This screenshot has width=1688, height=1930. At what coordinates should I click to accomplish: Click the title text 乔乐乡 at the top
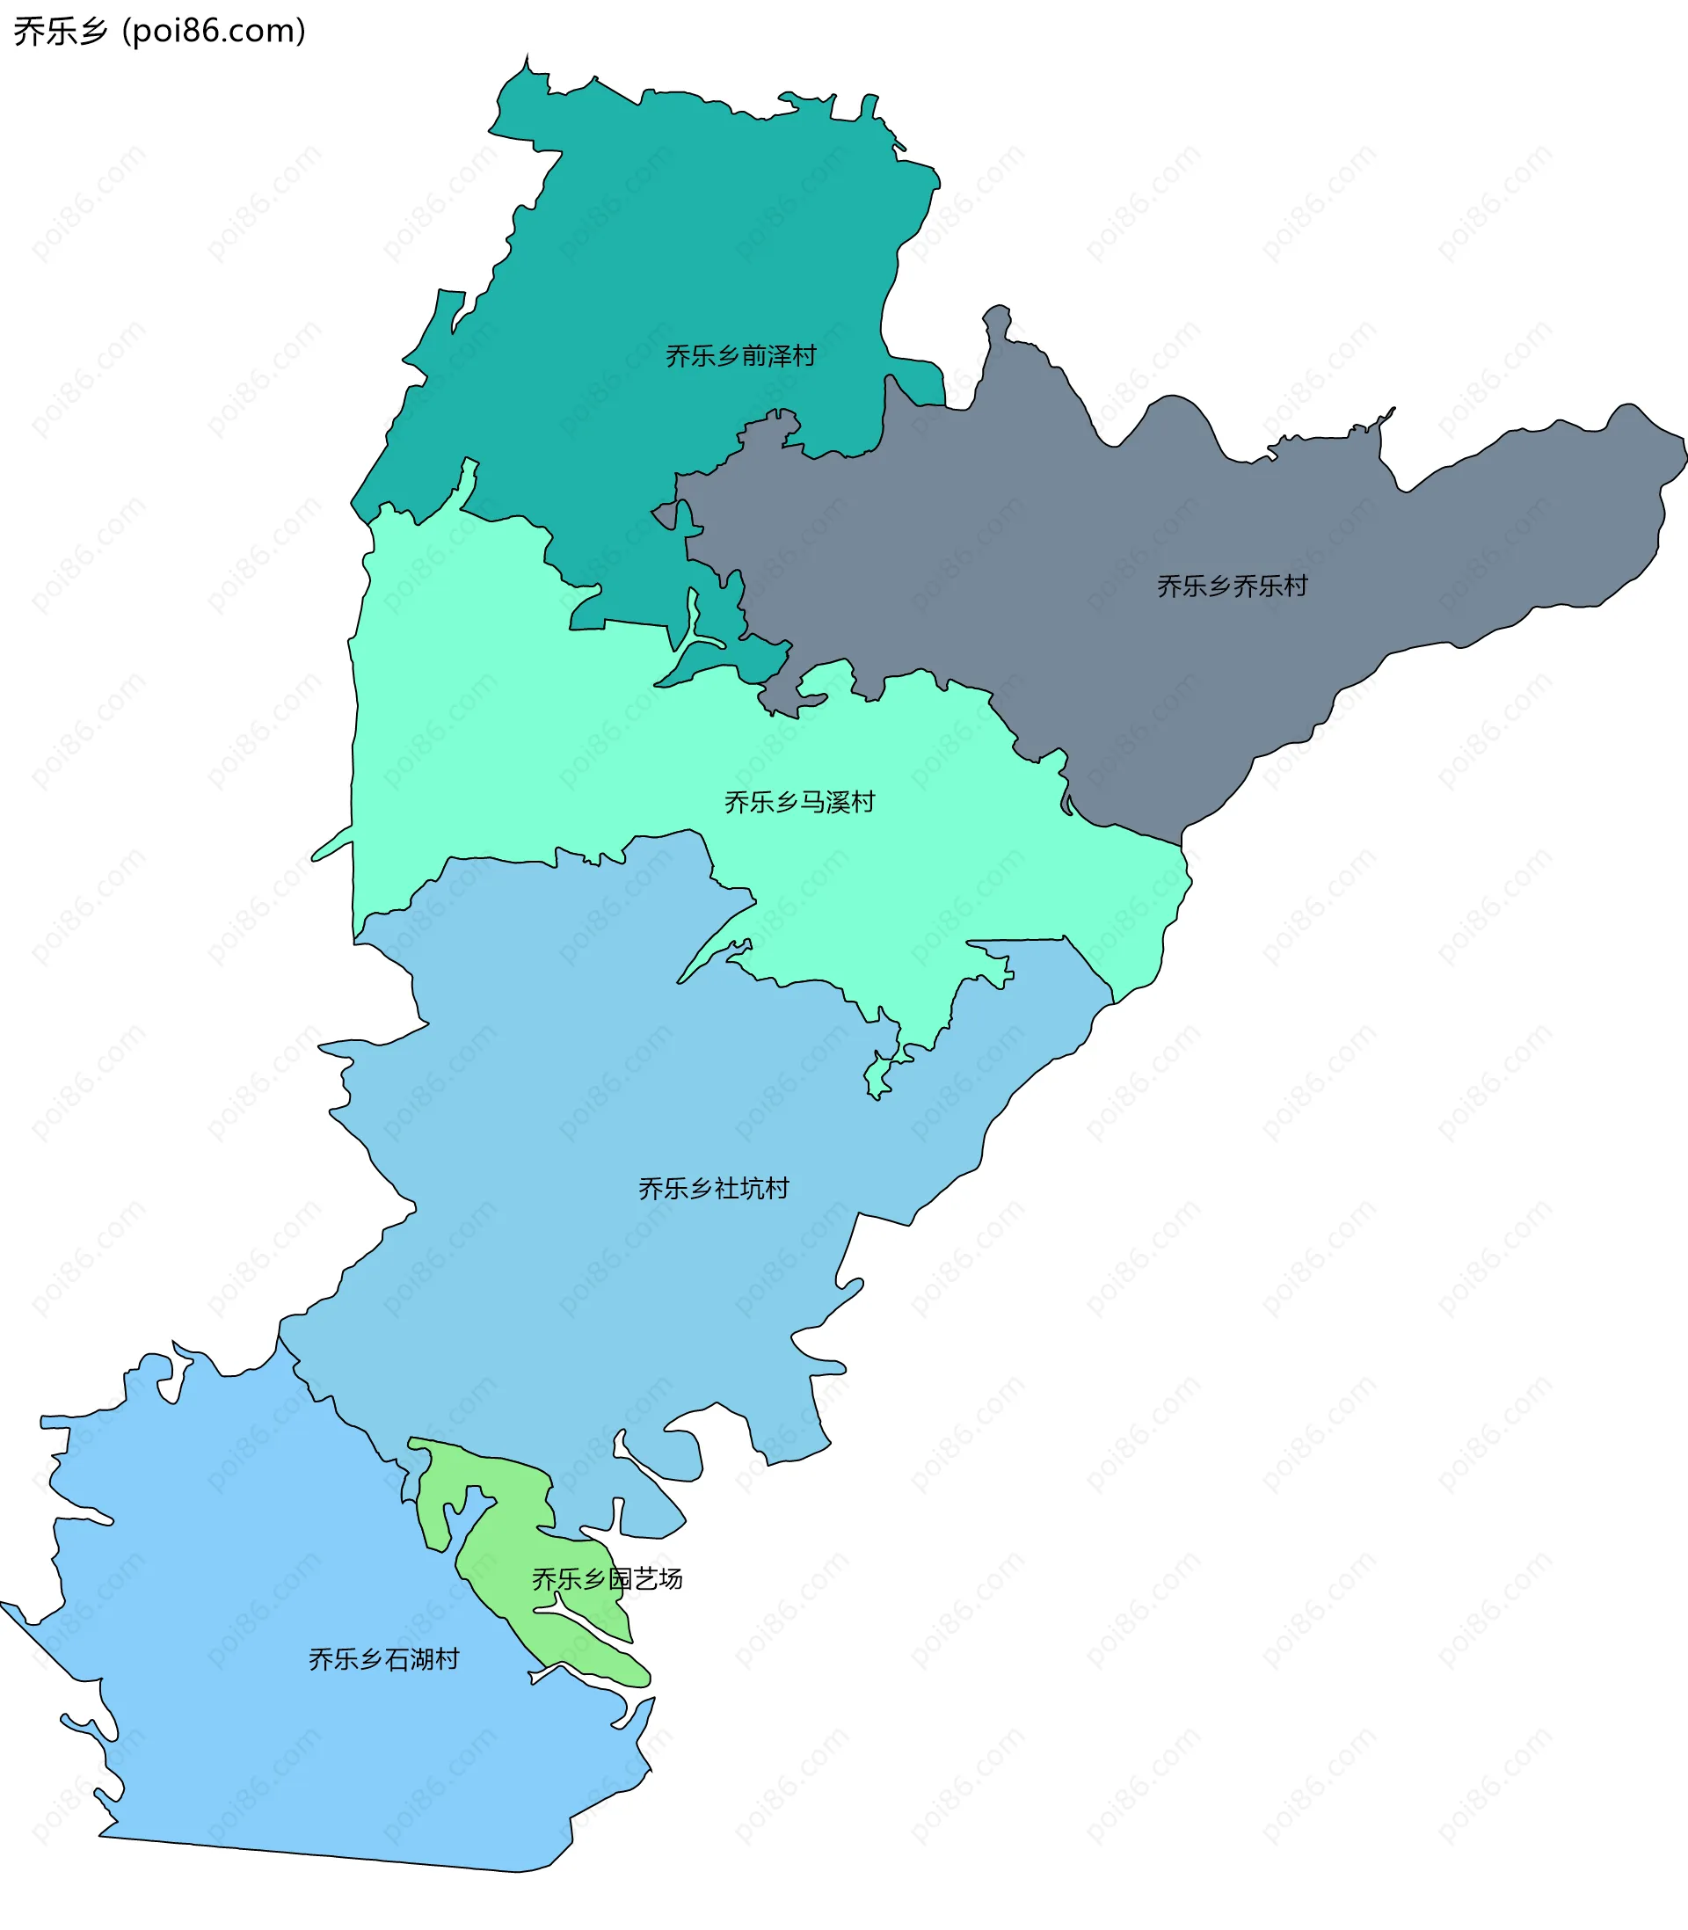click(61, 31)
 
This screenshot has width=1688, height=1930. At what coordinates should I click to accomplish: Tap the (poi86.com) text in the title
click(214, 31)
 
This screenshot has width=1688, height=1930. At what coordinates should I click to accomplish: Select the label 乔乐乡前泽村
click(740, 356)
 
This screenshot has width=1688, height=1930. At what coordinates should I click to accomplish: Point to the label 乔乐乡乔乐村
click(1232, 586)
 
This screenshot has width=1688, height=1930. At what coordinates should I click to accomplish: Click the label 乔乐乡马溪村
click(800, 802)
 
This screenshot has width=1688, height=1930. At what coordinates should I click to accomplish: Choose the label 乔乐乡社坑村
click(713, 1188)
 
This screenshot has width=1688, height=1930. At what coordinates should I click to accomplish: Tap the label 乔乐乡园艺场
click(607, 1578)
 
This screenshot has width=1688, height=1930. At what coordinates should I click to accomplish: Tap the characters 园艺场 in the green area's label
click(645, 1578)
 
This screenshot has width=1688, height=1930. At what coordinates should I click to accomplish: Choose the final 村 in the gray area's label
click(1295, 586)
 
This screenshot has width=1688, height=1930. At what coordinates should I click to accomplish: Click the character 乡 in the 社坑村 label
click(701, 1188)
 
